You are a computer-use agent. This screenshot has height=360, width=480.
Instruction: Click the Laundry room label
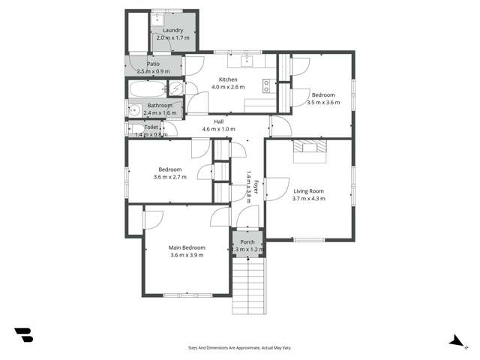point(172,30)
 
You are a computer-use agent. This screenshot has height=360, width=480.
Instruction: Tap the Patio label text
point(153,64)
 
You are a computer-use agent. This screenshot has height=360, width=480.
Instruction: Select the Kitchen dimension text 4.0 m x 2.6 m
point(228,88)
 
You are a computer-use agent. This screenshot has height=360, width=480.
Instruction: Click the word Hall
point(218,121)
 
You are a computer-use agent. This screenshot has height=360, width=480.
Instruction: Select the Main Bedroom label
point(187,247)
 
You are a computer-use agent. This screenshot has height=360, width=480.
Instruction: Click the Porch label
point(247,241)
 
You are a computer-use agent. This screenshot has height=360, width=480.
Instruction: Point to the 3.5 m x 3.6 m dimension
point(323,103)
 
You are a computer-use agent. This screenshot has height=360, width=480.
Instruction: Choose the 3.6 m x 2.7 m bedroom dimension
point(169,178)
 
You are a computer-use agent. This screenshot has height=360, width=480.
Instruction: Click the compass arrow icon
point(454,340)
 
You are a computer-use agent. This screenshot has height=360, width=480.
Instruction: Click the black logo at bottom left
point(23,335)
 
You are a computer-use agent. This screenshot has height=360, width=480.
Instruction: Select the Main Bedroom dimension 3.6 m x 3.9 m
point(187,256)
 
